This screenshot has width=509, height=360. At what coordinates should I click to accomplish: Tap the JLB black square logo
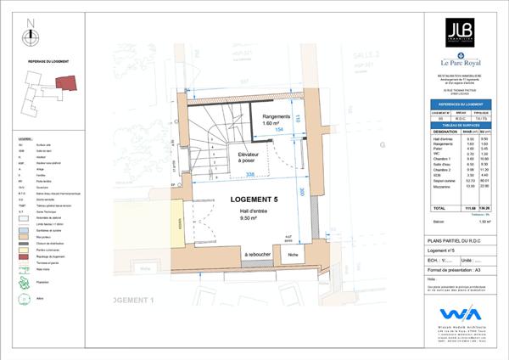pos(461,32)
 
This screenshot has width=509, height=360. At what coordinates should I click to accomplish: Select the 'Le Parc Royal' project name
pos(461,63)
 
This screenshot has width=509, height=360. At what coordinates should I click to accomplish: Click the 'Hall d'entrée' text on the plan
pos(255,211)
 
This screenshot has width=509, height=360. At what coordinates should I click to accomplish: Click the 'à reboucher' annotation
pos(257,255)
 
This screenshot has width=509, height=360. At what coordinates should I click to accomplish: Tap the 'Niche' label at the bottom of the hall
pos(293,255)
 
